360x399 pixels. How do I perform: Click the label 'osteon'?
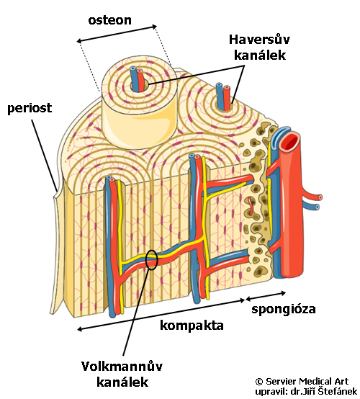(x=109, y=20)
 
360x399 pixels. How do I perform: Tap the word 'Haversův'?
(x=259, y=40)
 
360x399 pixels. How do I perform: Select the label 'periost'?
(x=30, y=108)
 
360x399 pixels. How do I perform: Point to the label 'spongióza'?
(x=284, y=309)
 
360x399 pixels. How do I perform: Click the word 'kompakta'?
(x=192, y=326)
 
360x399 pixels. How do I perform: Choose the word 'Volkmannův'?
(x=122, y=367)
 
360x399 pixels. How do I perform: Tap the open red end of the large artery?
(x=289, y=142)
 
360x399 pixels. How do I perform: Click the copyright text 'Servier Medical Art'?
(x=307, y=382)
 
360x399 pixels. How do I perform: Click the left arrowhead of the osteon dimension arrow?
(x=79, y=41)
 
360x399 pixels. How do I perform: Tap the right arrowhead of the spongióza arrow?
(x=283, y=293)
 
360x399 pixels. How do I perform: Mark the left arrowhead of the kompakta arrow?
(x=79, y=329)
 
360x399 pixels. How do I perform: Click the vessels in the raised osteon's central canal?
(x=137, y=79)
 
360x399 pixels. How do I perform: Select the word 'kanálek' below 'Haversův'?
(x=260, y=55)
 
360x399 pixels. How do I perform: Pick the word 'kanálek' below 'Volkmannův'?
(x=122, y=382)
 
